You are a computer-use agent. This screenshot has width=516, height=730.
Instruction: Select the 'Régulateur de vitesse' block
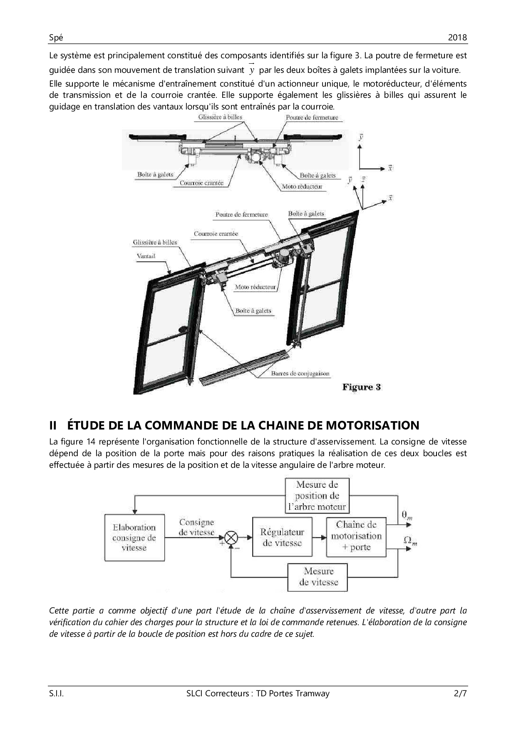click(282, 537)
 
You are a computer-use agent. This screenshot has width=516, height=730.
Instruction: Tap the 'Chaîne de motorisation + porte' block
click(356, 536)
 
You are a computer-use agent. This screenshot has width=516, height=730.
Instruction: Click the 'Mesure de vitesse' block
click(318, 577)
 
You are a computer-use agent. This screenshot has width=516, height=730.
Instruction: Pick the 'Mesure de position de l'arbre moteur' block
click(317, 496)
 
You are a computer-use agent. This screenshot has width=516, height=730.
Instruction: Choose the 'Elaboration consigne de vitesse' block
click(134, 537)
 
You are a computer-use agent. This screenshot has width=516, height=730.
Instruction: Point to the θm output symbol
click(407, 515)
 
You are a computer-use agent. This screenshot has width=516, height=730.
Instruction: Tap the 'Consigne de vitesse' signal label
click(196, 527)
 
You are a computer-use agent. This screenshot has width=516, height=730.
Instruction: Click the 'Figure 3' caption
click(361, 387)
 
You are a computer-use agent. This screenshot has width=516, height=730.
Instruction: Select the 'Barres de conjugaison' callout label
click(300, 373)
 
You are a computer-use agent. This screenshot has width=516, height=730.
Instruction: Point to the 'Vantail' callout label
click(146, 256)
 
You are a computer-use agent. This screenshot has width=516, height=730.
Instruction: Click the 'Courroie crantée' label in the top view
click(201, 183)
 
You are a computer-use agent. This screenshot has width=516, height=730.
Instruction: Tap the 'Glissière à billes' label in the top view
click(220, 117)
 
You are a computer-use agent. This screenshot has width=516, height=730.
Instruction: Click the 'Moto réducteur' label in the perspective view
click(255, 287)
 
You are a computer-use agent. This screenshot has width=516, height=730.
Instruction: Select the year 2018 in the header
click(457, 37)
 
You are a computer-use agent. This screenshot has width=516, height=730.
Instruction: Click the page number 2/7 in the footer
click(461, 693)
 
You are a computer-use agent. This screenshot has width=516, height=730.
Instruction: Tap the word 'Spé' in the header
click(56, 37)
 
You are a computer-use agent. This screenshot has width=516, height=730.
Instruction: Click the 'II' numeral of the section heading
click(53, 425)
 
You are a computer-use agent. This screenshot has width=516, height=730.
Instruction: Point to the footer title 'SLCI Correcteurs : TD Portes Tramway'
click(258, 693)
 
